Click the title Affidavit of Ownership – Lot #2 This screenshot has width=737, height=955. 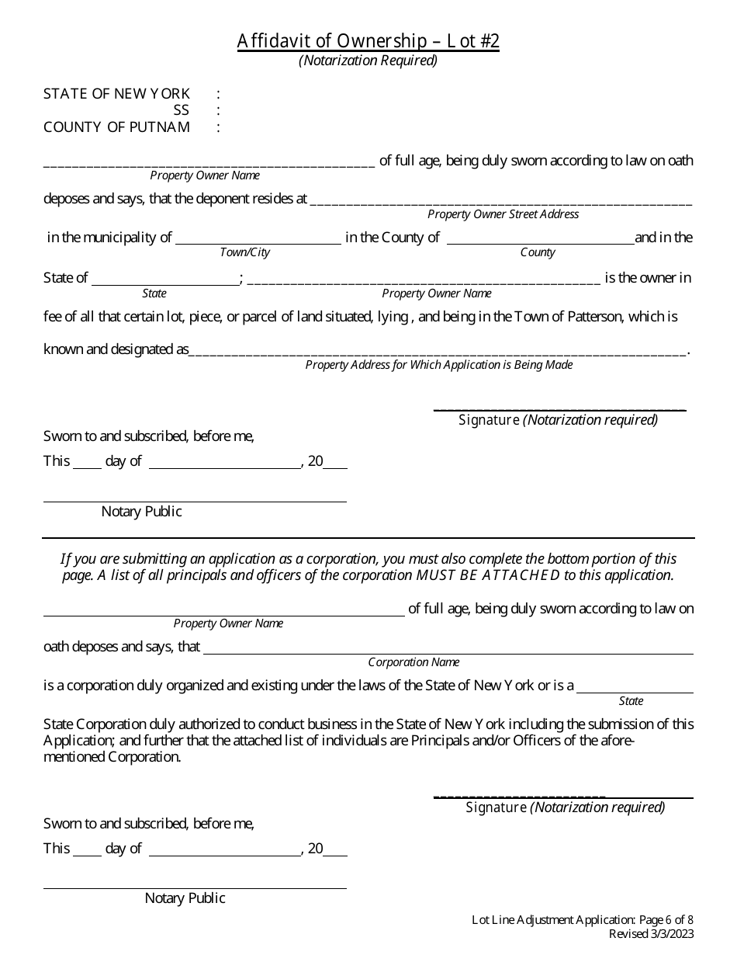(x=368, y=41)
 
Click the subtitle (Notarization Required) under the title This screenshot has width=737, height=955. (x=368, y=61)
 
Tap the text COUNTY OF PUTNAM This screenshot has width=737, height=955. (x=116, y=127)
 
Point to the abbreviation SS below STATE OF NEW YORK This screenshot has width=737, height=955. (x=181, y=110)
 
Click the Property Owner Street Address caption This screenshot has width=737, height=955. (x=503, y=214)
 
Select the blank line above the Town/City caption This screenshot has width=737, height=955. (x=258, y=243)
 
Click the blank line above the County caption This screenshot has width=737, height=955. (x=540, y=243)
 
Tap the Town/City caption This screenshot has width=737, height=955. (x=244, y=253)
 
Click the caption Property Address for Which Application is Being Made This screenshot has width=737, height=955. (x=438, y=365)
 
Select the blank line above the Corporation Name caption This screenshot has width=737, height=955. (x=448, y=653)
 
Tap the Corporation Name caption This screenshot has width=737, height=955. (x=413, y=662)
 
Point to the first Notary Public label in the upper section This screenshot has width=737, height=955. (x=141, y=512)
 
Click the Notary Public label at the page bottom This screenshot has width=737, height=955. (x=185, y=898)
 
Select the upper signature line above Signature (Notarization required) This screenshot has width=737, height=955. (x=559, y=409)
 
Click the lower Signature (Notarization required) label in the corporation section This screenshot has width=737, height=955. (x=565, y=807)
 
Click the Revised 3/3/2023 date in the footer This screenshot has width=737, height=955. (x=651, y=934)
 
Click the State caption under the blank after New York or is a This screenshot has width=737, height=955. (x=631, y=701)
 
